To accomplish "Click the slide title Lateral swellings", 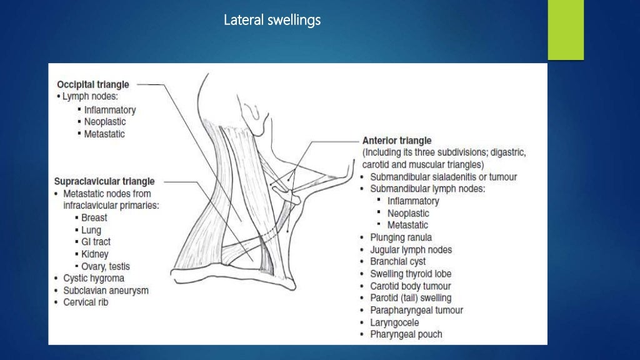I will pos(272,21).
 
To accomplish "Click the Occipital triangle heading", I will pos(92,84).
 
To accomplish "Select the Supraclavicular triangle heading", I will pos(104,182).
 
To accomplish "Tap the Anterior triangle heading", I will pos(397,141).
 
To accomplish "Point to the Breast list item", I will pos(94,218).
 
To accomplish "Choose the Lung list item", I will pos(91,230).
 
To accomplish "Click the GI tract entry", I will pos(96,242).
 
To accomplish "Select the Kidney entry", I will pos(94,254).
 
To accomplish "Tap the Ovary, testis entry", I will pos(106,266).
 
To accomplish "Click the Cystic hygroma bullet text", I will pos(94,278).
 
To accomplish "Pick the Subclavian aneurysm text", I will pos(106,291).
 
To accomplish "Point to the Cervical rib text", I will pos(86,302).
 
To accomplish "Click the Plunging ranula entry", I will pos(401,237).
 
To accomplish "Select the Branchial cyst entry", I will pos(398,262).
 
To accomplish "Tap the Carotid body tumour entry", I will pos(411,286).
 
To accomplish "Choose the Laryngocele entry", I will pos(394,322).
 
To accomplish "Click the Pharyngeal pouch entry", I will pos(406,334).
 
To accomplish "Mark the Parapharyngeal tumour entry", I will pos(416,310).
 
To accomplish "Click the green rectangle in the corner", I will pos(566,30).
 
